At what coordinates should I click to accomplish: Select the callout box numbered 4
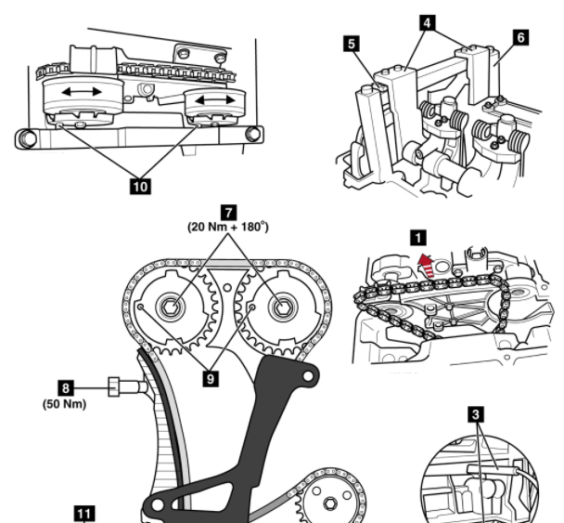pyautogui.click(x=425, y=17)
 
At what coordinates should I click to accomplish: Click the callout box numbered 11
pyautogui.click(x=83, y=512)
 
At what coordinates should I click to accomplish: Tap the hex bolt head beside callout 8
pyautogui.click(x=116, y=387)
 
